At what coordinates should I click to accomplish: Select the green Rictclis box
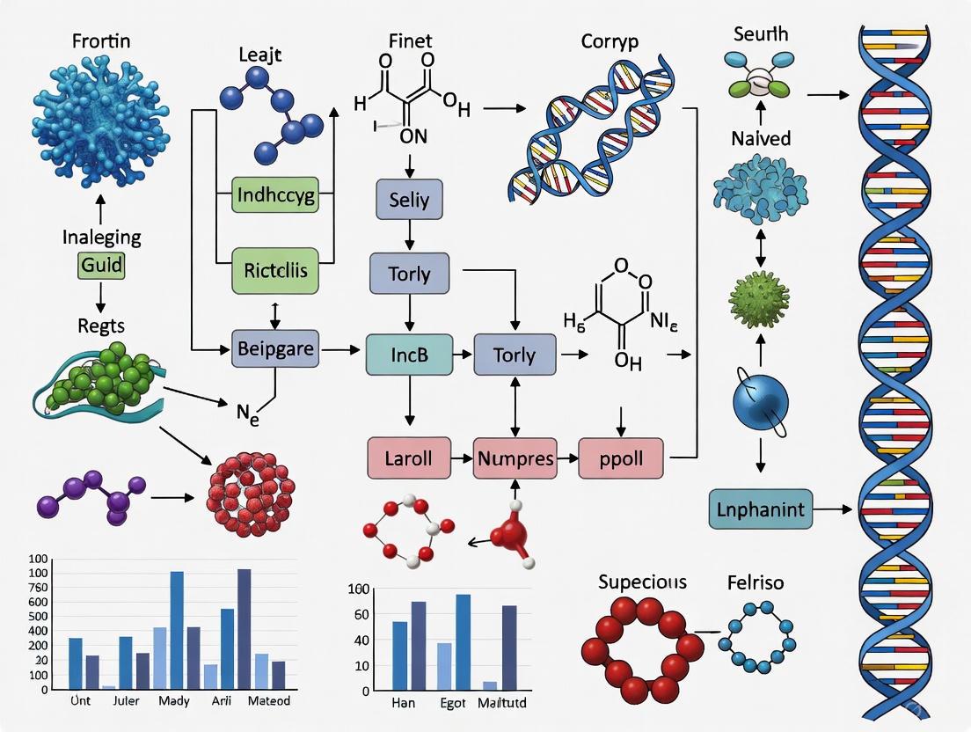click(x=274, y=270)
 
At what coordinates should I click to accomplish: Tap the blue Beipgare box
click(x=275, y=349)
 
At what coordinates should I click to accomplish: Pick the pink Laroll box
click(x=408, y=457)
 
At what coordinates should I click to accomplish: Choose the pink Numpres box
click(x=515, y=457)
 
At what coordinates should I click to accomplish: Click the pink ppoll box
click(x=622, y=457)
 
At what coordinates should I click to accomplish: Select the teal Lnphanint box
click(x=761, y=509)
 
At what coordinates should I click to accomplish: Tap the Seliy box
click(x=409, y=200)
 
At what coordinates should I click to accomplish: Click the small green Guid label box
click(x=101, y=264)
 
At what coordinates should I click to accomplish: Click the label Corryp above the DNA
click(x=610, y=40)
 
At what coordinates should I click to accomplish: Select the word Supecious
click(x=642, y=582)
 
